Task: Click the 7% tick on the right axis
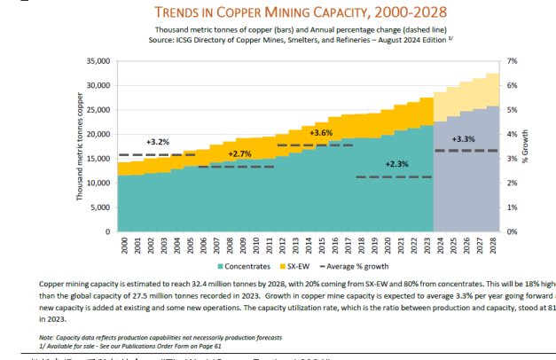[513, 61]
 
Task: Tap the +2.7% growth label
[240, 153]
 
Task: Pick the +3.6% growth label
[321, 132]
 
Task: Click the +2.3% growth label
[398, 163]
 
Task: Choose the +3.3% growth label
[465, 139]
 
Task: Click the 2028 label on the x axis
[492, 246]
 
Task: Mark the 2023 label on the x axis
[427, 246]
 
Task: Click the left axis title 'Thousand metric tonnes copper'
[80, 146]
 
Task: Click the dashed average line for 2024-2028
[466, 151]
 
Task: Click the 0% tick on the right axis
[513, 231]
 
